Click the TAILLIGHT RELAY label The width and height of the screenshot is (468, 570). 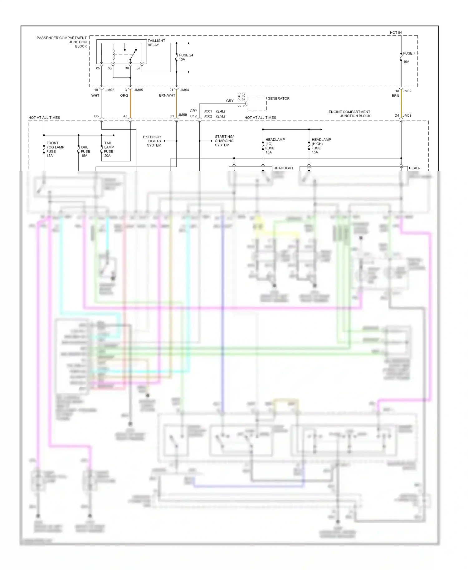(x=156, y=43)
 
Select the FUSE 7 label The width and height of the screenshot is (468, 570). (x=409, y=53)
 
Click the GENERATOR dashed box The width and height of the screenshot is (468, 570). (x=257, y=104)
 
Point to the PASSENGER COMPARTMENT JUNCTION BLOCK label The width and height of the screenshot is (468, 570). (x=62, y=42)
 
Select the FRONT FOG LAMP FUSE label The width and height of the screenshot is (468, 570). (x=55, y=149)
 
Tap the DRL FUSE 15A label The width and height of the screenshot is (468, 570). (x=85, y=151)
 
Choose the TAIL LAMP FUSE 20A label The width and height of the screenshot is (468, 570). (x=109, y=149)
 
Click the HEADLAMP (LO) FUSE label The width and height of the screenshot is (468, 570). (x=275, y=146)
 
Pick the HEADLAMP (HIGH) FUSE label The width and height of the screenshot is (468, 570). (x=321, y=146)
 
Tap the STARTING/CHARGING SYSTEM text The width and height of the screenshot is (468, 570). (x=224, y=141)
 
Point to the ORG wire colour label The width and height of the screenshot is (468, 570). (x=124, y=95)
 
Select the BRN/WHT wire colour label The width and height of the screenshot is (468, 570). (x=167, y=95)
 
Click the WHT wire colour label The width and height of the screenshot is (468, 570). (x=95, y=95)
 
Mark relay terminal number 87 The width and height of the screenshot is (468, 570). (x=139, y=68)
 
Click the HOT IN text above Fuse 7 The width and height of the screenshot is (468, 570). (x=396, y=32)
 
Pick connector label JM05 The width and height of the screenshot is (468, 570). (x=139, y=90)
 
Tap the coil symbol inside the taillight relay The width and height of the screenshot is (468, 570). (x=114, y=54)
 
